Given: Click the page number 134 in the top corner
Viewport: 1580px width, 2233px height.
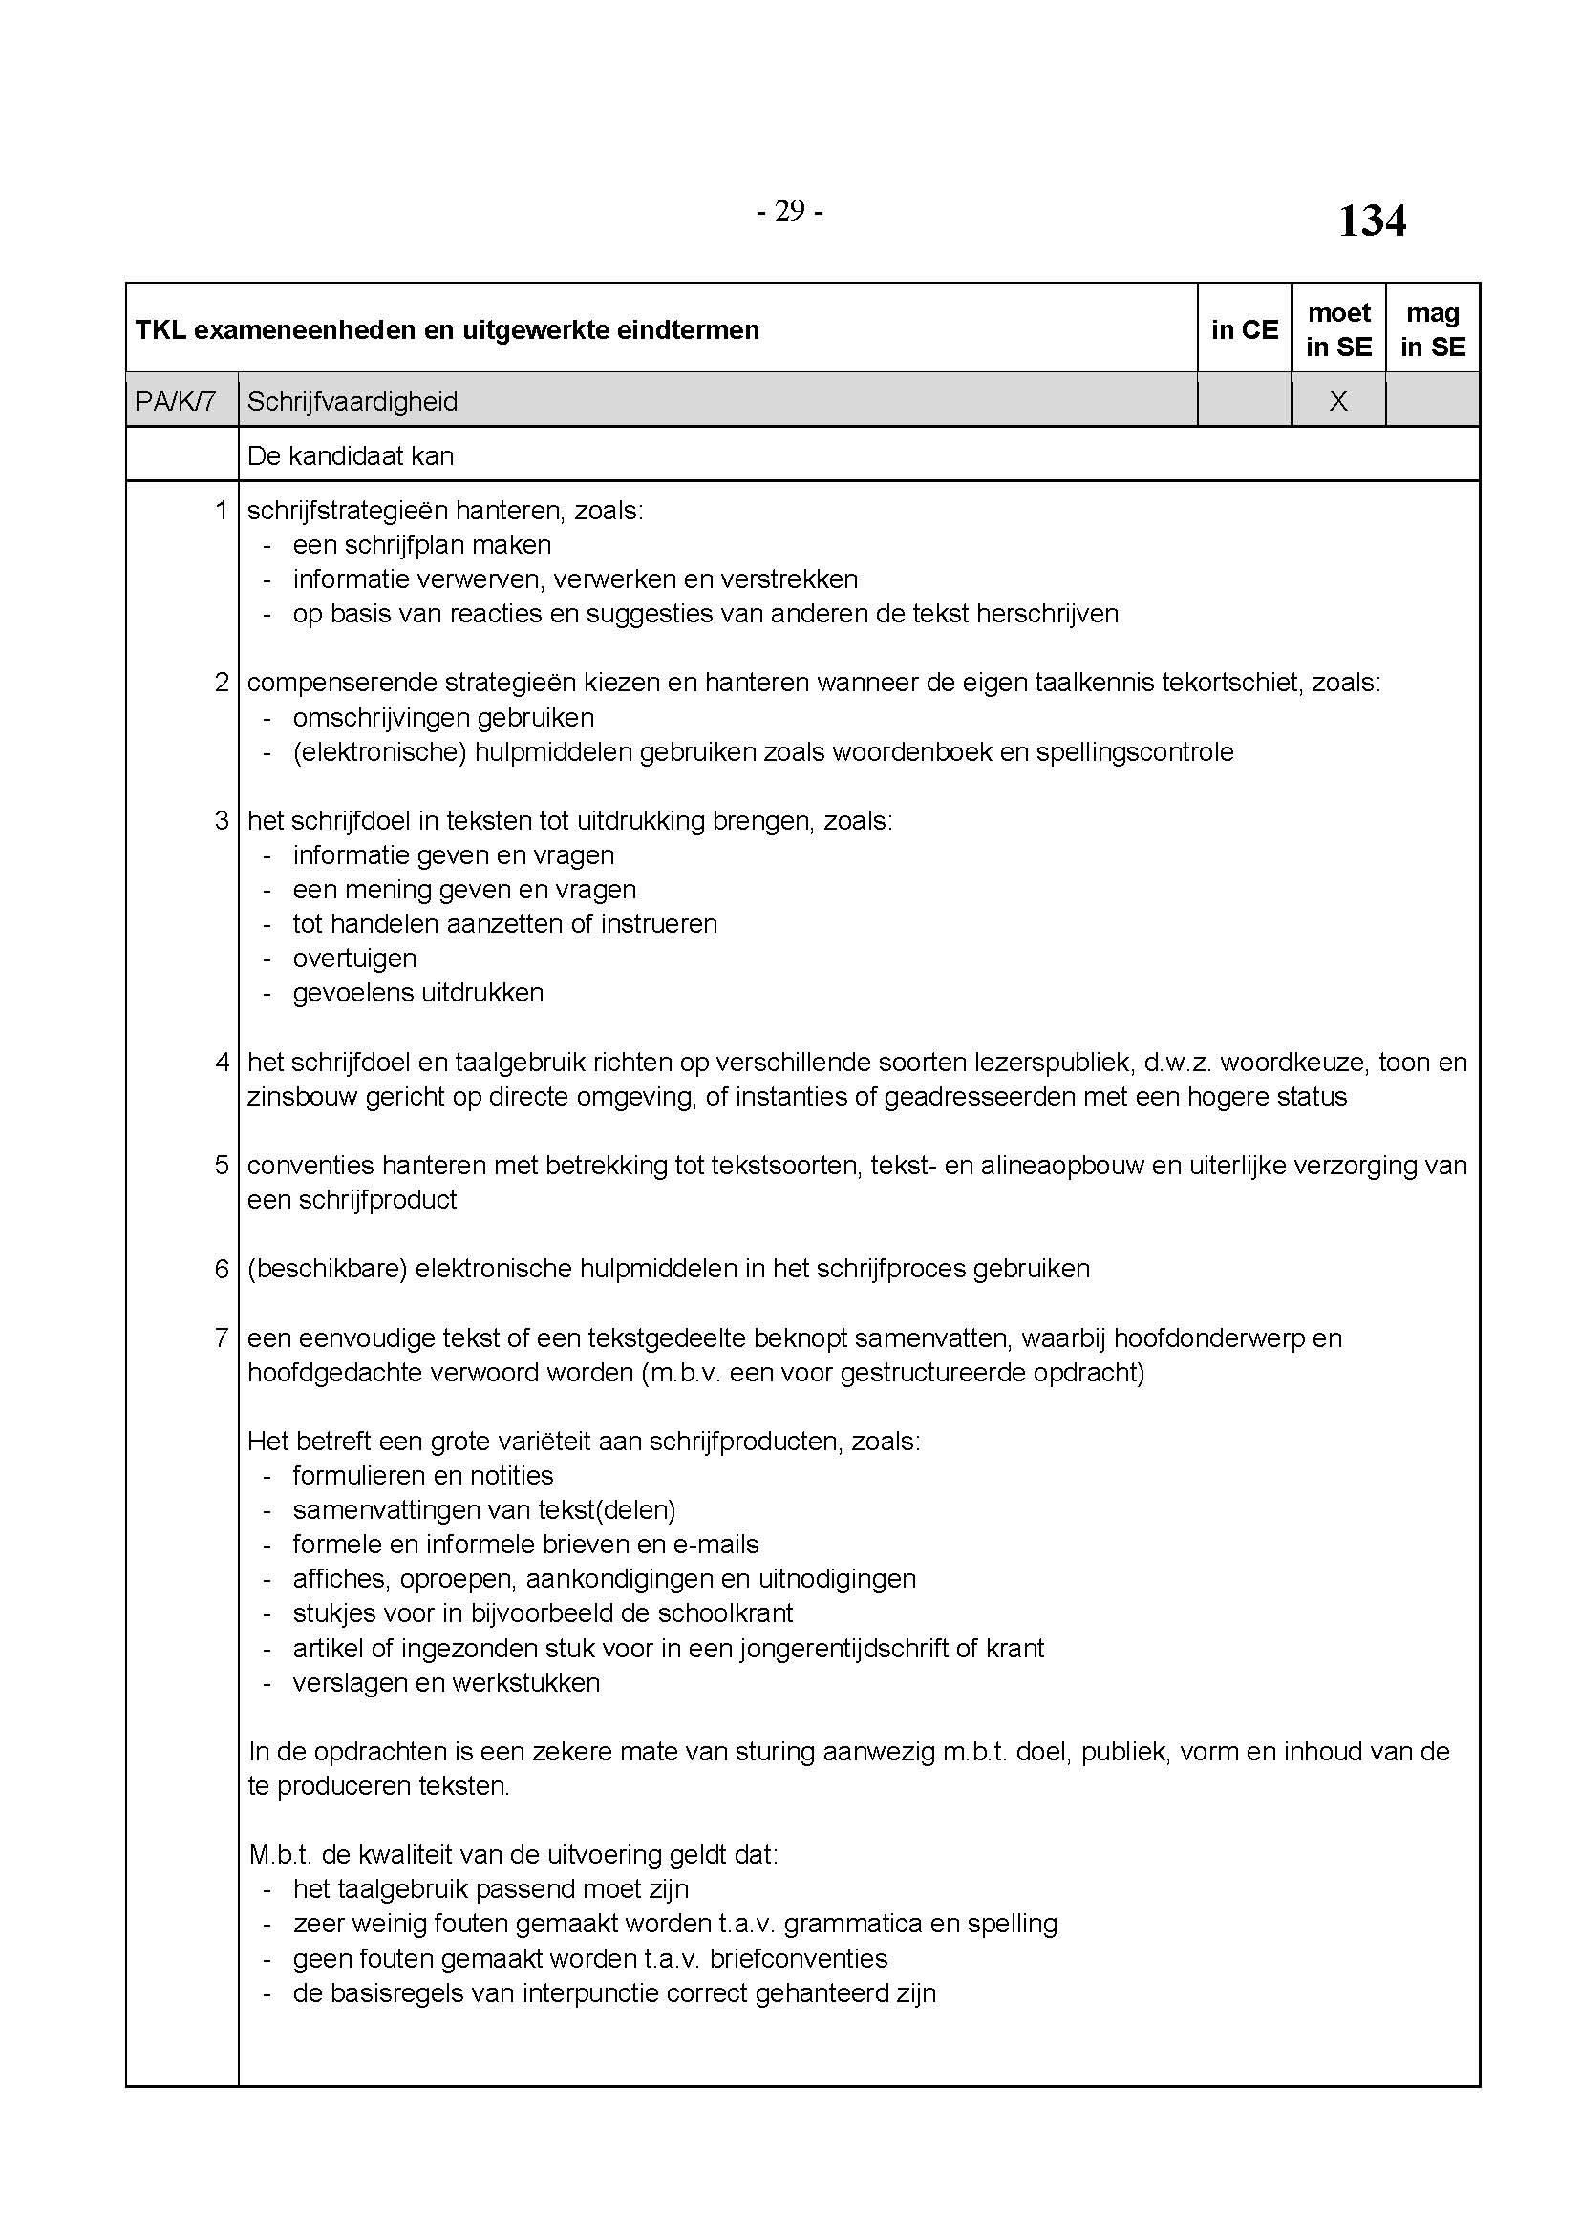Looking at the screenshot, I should point(1371,221).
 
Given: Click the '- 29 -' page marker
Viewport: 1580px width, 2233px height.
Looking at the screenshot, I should point(789,211).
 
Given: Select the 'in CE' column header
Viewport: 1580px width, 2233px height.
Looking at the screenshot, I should point(1245,329).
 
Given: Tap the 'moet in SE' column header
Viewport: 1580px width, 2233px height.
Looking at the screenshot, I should point(1338,329).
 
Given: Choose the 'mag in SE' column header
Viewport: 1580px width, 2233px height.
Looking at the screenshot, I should point(1432,329).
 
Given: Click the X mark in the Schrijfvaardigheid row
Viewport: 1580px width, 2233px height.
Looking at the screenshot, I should point(1338,401).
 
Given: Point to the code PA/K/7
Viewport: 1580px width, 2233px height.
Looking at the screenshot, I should point(175,401).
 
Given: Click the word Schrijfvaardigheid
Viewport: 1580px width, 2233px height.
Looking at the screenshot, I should point(352,401).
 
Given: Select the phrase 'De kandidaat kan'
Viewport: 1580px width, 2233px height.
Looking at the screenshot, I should point(351,455).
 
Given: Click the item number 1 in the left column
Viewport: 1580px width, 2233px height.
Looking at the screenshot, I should point(222,510).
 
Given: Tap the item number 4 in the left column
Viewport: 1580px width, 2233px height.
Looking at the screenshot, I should point(222,1061).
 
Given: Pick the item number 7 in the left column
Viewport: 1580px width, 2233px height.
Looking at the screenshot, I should point(222,1338).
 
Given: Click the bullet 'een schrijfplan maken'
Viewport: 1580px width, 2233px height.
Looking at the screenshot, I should point(422,544).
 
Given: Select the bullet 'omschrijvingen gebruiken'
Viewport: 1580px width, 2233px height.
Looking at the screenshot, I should point(443,718).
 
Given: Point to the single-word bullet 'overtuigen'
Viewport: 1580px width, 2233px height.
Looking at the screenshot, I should point(355,958).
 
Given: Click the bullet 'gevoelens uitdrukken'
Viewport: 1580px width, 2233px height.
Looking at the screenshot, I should point(418,993).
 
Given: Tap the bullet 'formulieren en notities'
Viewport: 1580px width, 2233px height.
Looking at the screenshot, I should point(423,1475).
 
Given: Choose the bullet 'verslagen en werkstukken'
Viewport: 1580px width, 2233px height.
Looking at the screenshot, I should point(446,1682).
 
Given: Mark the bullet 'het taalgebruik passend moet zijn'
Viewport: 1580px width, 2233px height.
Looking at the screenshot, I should point(491,1888).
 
